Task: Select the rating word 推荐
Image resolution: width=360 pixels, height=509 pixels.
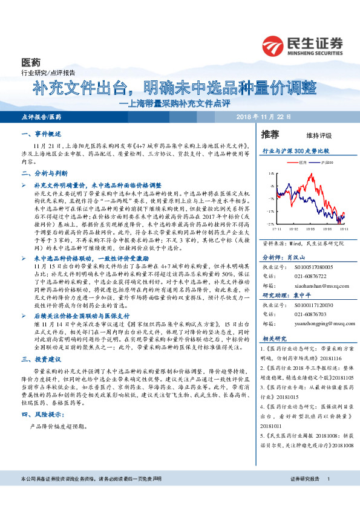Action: pyautogui.click(x=270, y=134)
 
